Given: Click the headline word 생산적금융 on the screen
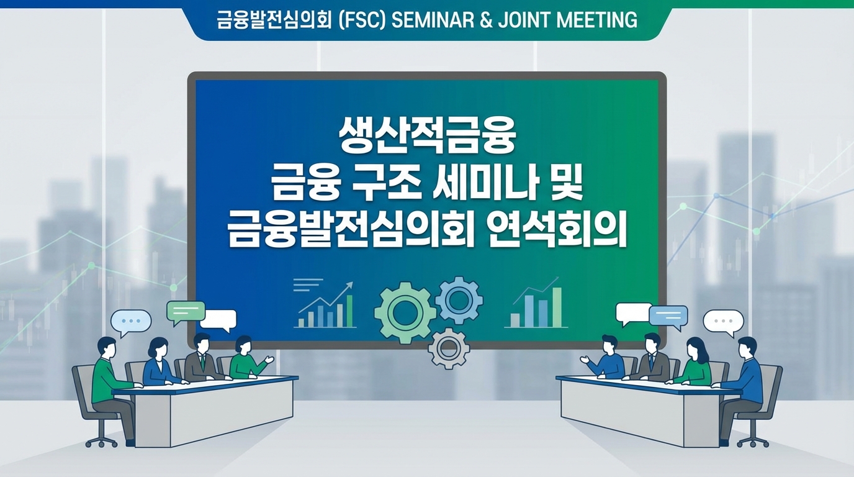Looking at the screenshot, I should [427, 138].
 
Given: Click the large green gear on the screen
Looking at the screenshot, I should [405, 312].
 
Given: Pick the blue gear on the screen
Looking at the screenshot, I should [459, 300].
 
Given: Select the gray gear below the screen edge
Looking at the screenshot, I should [449, 349].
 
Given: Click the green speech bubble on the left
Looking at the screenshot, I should [186, 312].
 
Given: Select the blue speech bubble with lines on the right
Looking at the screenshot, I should [668, 316].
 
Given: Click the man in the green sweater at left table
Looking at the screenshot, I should [106, 379].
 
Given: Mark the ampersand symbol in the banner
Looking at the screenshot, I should [487, 20].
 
